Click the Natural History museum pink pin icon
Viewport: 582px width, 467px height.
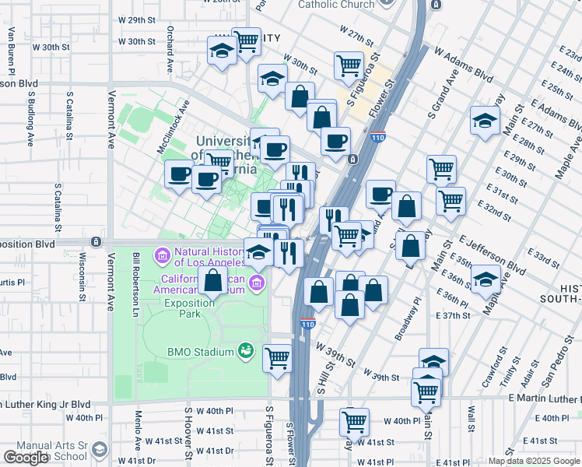163,255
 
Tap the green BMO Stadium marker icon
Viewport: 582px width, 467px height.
246,351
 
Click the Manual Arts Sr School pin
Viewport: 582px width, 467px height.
99,449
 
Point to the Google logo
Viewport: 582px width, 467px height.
26,458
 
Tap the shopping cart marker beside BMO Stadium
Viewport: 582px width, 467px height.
277,359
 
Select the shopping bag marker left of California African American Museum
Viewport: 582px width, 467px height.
212,281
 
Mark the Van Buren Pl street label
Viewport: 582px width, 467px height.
12,46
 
